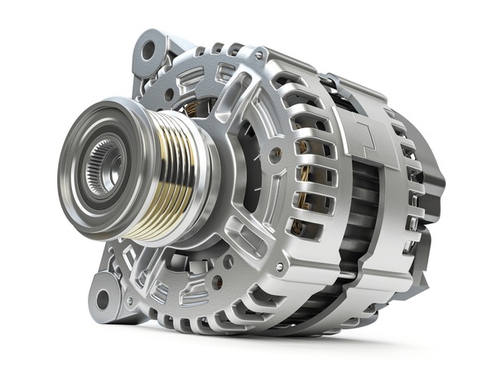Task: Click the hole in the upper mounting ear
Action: coord(150,50)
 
